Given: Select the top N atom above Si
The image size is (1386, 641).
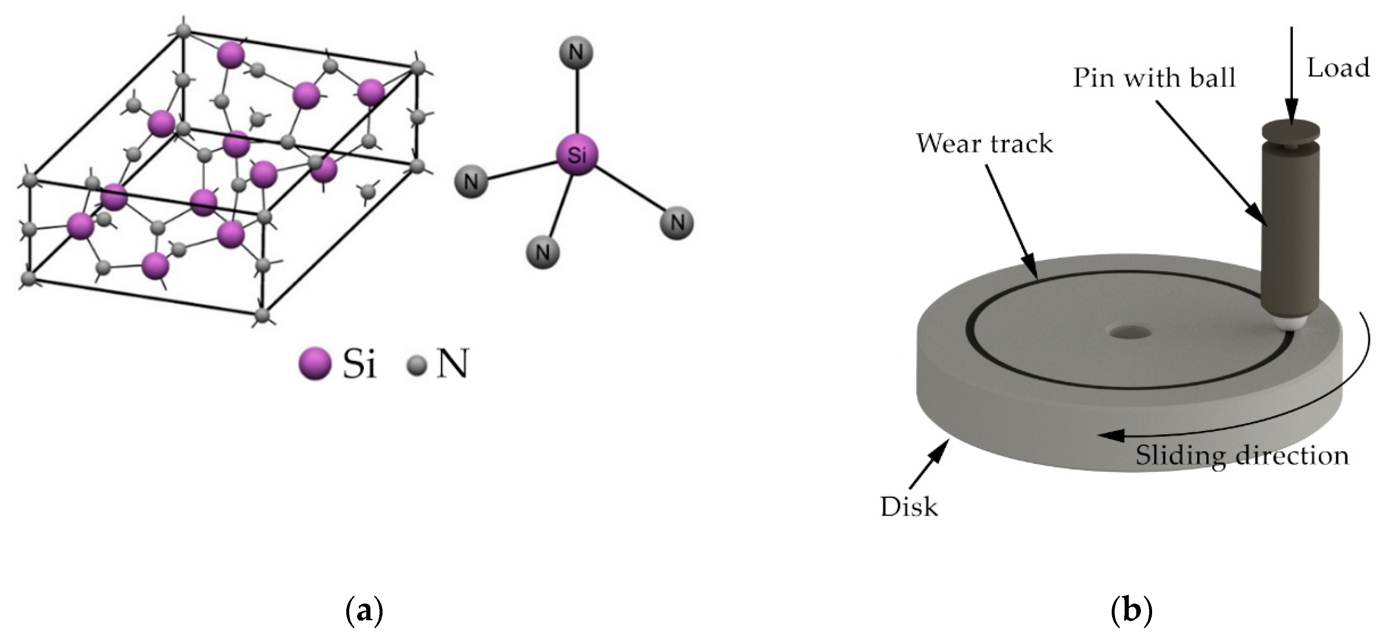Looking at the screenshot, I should (x=576, y=53).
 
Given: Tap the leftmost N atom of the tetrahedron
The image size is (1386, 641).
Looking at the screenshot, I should (x=471, y=181).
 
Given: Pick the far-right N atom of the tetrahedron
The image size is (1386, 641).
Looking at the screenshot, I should (x=677, y=222).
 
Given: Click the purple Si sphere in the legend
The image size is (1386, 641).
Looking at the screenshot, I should (x=315, y=364).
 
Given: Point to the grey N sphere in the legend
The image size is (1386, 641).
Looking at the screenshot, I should (x=417, y=366).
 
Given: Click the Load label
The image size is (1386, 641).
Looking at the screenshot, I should (x=1338, y=69).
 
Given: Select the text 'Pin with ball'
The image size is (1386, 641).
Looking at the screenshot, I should (x=1154, y=79).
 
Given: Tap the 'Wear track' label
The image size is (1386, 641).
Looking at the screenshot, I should (x=984, y=144).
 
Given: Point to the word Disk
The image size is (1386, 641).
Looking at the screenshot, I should (x=909, y=507).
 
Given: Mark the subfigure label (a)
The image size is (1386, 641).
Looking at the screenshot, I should (x=364, y=611).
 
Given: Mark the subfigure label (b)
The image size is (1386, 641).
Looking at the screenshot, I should (x=1132, y=611).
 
